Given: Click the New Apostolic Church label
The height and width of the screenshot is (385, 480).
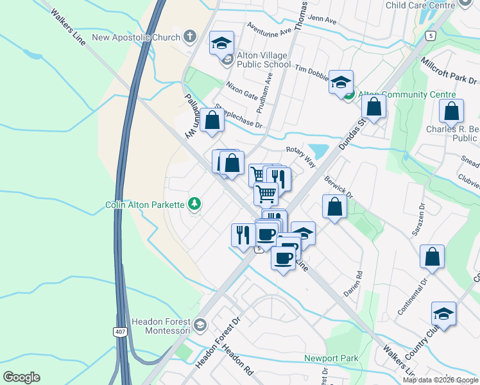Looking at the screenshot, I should click(135, 37).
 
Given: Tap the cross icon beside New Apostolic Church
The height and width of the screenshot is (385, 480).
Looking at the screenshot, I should click(190, 37).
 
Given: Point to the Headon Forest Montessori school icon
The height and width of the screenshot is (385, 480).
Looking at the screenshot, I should click(200, 324).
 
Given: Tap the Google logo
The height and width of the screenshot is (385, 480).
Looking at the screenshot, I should click(21, 377).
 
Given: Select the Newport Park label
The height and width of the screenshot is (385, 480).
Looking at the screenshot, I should click(331, 357).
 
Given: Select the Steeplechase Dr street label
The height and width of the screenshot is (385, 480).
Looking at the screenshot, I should click(239, 116).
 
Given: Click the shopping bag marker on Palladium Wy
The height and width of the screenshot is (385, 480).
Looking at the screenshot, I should click(212, 119).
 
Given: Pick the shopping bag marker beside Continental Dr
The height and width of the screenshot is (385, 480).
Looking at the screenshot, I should click(433, 256).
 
